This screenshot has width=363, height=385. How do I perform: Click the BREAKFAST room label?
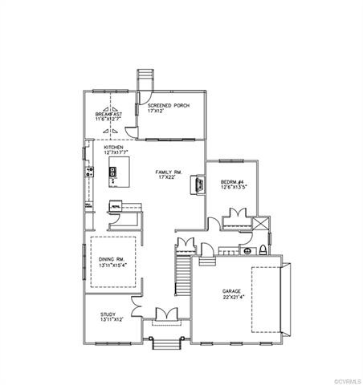(x=108, y=114)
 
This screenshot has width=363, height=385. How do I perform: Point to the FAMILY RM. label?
(x=168, y=172)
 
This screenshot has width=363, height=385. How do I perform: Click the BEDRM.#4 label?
(x=233, y=182)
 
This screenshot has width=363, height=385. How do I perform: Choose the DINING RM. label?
(x=112, y=260)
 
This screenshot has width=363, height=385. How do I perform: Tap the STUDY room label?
(x=109, y=314)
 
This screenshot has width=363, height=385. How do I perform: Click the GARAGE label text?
(x=234, y=291)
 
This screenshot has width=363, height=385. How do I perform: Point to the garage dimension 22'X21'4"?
(x=234, y=298)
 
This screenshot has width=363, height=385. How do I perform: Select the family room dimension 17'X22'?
(x=168, y=178)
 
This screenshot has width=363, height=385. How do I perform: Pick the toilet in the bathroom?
(x=262, y=250)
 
